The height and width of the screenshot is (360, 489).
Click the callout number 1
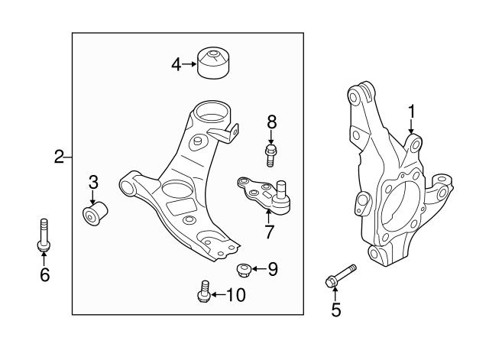412,112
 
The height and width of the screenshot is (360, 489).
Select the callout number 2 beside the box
59,157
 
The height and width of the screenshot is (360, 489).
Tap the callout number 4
176,64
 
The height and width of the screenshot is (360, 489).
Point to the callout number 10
236,295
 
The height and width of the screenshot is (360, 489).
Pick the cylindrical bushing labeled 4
214,63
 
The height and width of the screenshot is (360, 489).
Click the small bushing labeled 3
95,213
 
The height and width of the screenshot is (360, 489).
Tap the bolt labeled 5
341,277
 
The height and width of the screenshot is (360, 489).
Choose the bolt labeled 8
270,155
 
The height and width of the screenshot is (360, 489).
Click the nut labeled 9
244,270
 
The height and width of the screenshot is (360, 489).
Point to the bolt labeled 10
204,291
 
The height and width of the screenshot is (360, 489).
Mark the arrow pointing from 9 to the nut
258,269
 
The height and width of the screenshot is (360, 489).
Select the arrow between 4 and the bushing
189,64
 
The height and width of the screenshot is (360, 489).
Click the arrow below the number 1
412,127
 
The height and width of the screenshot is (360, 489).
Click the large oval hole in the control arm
177,189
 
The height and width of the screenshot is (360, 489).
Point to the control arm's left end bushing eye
127,188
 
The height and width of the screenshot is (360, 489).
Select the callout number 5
336,310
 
